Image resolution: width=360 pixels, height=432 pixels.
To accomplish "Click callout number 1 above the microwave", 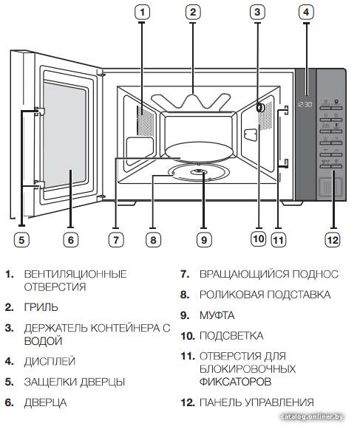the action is [143, 12].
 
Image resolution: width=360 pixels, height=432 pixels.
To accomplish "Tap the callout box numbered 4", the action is [306, 12].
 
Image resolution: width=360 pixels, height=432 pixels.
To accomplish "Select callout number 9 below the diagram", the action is [204, 240].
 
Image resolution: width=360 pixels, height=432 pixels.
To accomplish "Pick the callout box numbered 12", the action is [333, 240].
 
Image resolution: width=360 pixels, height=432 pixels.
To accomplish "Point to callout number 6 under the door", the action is [71, 240].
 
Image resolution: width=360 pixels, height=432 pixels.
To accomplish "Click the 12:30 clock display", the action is [305, 105].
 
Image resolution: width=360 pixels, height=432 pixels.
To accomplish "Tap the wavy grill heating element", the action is [191, 101].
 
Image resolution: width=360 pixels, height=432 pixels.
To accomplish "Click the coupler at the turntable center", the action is [198, 171].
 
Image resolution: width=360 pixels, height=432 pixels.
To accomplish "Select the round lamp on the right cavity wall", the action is [259, 108].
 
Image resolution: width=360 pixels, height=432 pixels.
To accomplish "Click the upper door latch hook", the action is [40, 112].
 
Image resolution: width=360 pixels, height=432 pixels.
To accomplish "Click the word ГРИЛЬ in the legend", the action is [41, 307].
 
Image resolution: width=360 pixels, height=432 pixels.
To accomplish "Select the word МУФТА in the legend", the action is [217, 315].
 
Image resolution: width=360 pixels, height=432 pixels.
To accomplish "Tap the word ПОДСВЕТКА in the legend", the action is [231, 335].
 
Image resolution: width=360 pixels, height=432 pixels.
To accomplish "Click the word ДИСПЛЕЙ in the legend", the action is [50, 361].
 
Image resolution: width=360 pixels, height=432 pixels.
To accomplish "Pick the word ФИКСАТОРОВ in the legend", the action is [235, 382].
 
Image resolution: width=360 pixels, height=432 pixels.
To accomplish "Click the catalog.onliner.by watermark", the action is [312, 416].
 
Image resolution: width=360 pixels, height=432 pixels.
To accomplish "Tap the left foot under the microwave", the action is [126, 203].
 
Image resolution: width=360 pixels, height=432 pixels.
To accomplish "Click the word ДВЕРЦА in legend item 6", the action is [45, 402].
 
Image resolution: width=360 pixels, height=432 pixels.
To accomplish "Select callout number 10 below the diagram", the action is [259, 239].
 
